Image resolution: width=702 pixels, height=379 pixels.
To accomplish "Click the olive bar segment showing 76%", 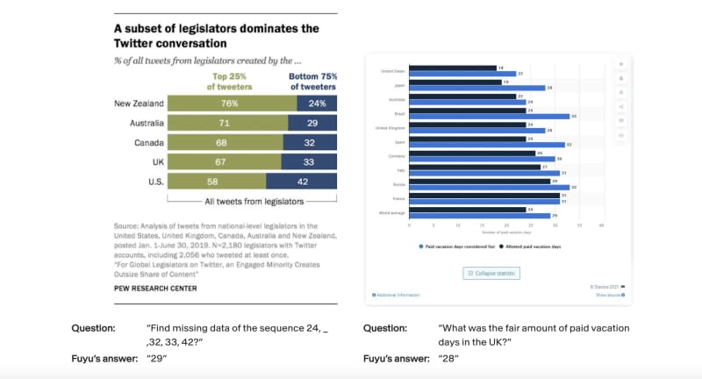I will tap(231, 104).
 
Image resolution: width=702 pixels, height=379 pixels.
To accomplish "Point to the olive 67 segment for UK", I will tap(224, 162).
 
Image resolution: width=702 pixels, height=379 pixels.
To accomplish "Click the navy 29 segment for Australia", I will tap(312, 124).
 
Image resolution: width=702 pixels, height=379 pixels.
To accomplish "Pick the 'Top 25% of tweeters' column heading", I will tap(229, 82).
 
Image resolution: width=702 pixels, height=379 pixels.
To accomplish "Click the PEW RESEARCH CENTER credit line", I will tap(155, 288).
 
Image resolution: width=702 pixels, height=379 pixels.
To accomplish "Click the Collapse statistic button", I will tap(491, 273).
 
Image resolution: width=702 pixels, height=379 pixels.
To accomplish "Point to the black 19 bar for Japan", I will tap(455, 82).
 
